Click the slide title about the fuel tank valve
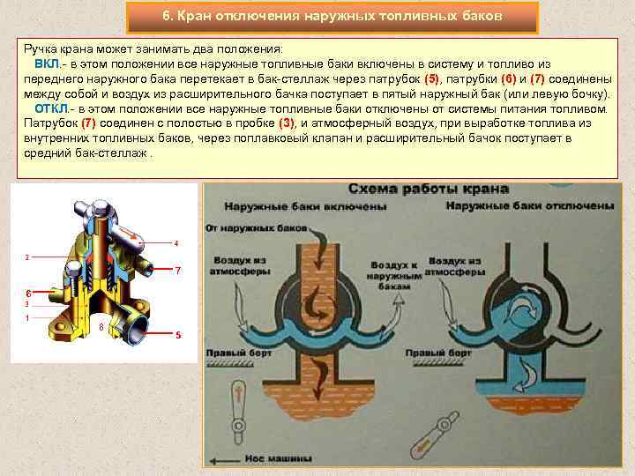pyautogui.click(x=332, y=17)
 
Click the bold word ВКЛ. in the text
pyautogui.click(x=48, y=65)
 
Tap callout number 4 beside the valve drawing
pyautogui.click(x=176, y=242)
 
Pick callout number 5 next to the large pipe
pyautogui.click(x=177, y=336)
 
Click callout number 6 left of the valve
pyautogui.click(x=27, y=292)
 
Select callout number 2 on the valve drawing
pyautogui.click(x=27, y=257)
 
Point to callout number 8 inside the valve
pyautogui.click(x=101, y=327)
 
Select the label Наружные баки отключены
pyautogui.click(x=529, y=205)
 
